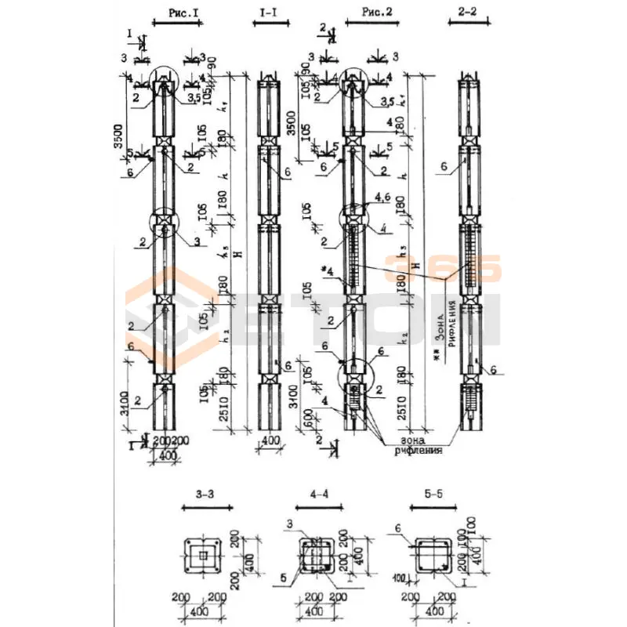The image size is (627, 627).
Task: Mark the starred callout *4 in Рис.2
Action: [x=328, y=270]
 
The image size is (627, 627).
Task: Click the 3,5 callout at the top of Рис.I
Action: [x=194, y=100]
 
